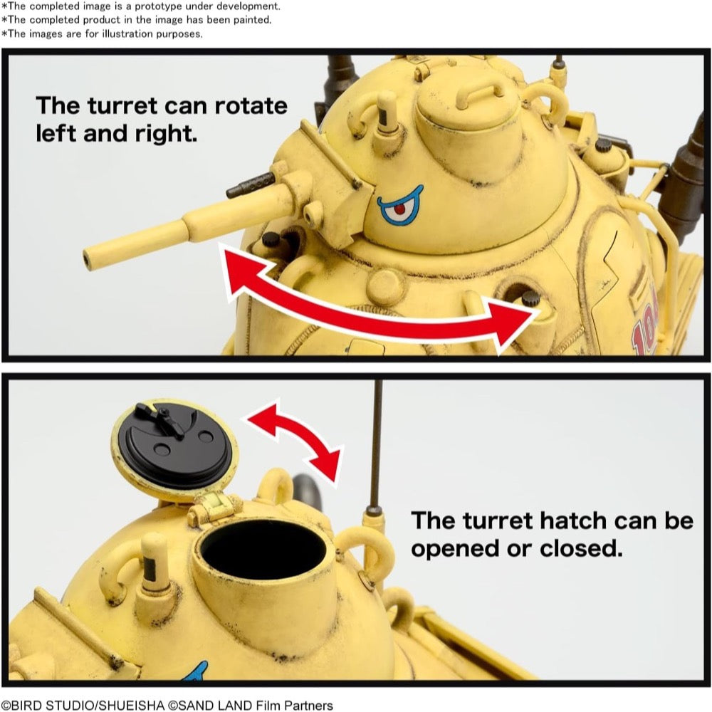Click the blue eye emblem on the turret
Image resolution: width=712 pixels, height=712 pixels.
tap(399, 206)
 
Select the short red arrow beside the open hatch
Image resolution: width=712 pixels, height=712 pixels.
tap(295, 439)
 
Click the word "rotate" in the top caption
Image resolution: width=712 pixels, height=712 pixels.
tap(251, 106)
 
